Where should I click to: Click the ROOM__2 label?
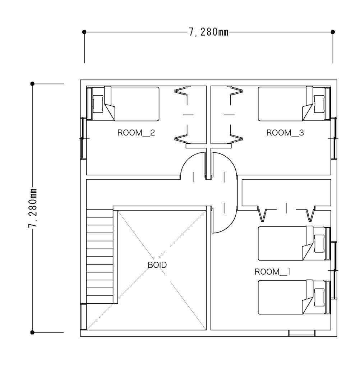136,133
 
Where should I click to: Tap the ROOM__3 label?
285,133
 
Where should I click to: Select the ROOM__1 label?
273,272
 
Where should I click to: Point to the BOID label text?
157,265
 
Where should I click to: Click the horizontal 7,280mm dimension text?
208,32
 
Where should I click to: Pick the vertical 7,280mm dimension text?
32,208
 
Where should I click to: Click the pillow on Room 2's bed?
98,104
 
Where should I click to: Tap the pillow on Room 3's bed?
319,104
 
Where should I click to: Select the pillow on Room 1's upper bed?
319,243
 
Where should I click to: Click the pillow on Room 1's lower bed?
319,297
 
